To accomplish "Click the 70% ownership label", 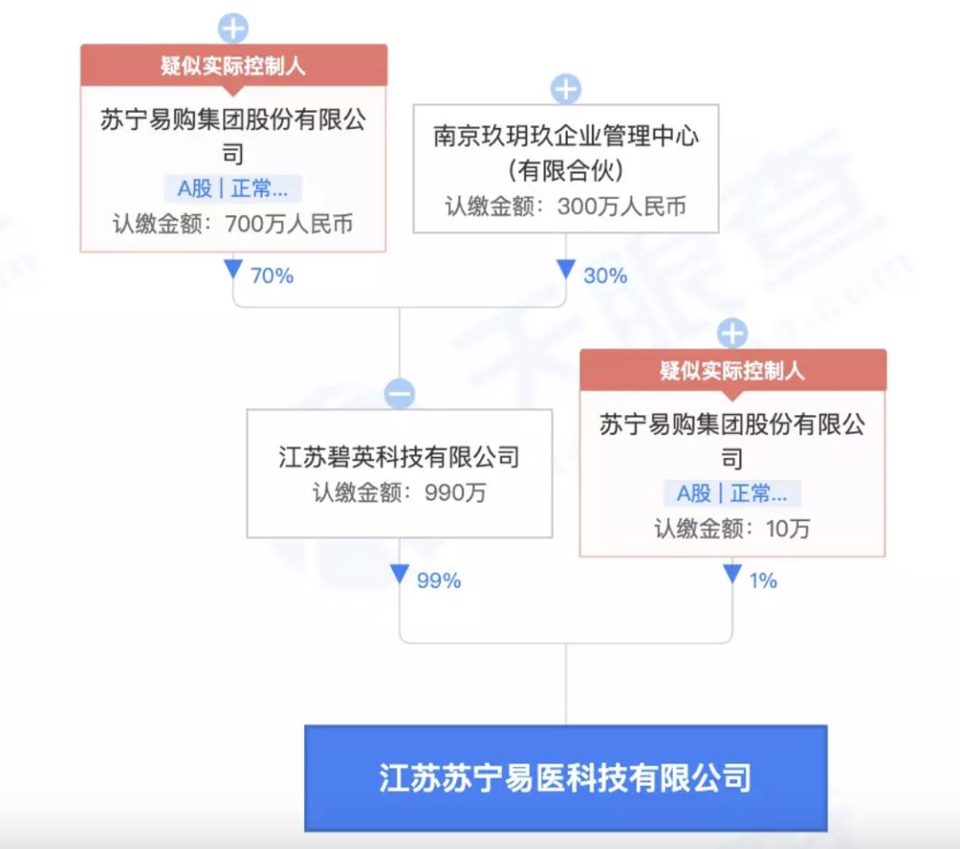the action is point(272,276).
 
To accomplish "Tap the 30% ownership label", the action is point(605,276).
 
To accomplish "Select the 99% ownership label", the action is point(438,581).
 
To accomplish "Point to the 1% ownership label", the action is point(763,581).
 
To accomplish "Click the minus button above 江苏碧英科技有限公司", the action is point(400,394).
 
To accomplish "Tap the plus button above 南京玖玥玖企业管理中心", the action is point(565,90).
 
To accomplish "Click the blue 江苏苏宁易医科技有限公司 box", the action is point(565,778).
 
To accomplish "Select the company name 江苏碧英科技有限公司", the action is point(399,457).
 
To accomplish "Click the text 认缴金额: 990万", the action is point(399,493).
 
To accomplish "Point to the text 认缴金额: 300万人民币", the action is point(565,207).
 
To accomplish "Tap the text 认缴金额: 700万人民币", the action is point(233,224).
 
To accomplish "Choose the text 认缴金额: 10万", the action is point(732,529).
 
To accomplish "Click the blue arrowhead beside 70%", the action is point(233,269).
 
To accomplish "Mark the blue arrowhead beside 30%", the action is point(565,269).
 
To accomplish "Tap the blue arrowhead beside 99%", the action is point(399,573).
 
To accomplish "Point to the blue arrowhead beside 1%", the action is point(732,573).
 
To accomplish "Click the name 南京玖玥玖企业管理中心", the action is point(565,136).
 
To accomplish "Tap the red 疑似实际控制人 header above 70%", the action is point(233,66).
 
